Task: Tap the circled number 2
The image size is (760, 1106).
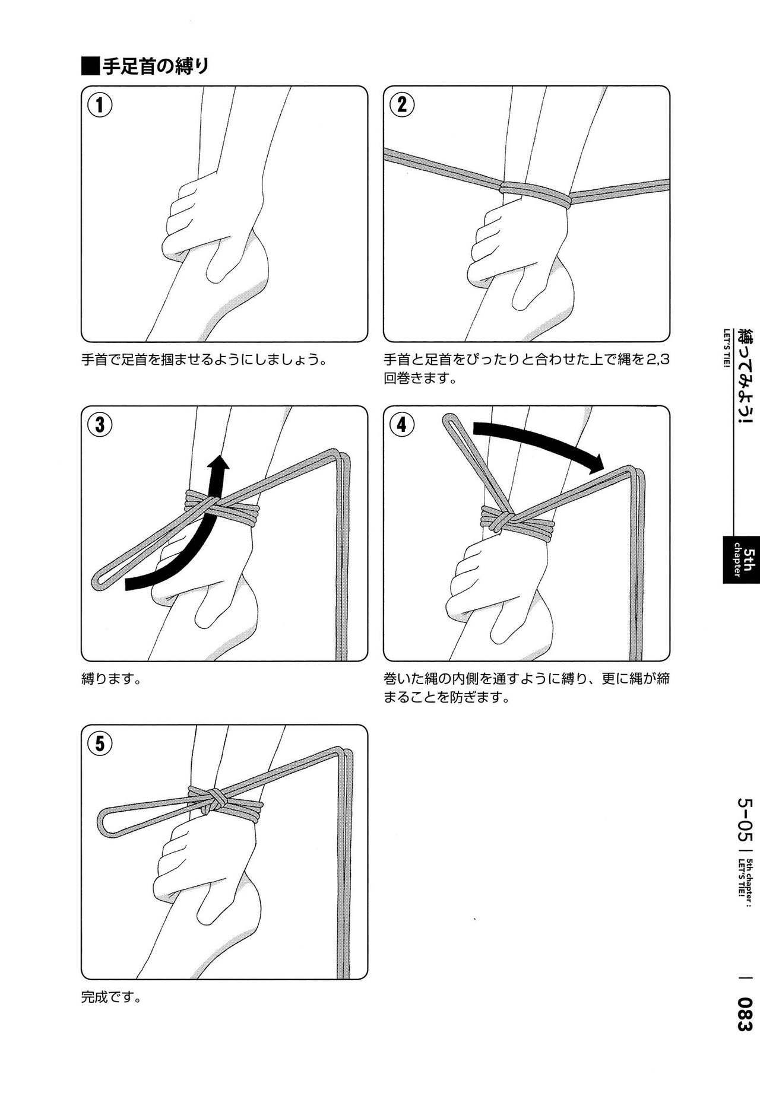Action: pos(401,106)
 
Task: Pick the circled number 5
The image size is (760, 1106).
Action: pos(100,743)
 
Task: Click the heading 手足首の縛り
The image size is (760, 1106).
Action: pos(155,66)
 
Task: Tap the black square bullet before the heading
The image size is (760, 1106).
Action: pos(91,66)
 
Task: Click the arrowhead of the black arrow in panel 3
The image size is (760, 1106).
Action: pos(221,465)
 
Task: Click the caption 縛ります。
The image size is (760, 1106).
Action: pos(110,678)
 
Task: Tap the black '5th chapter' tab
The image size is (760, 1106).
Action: pos(742,559)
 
